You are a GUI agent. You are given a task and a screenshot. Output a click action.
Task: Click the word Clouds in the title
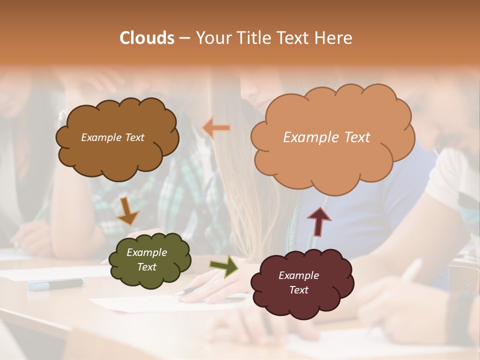[x=147, y=38]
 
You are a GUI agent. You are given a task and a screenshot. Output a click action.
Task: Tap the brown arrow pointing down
[x=127, y=211]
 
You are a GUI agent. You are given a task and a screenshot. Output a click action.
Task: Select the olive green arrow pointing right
[x=223, y=266]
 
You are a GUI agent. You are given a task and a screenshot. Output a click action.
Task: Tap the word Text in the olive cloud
[x=147, y=267]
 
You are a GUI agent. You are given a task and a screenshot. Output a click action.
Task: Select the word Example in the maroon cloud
[x=298, y=275]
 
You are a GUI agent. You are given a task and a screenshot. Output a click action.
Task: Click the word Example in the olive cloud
[x=147, y=252]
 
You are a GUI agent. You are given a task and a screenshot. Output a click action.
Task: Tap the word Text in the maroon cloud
[x=298, y=290]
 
